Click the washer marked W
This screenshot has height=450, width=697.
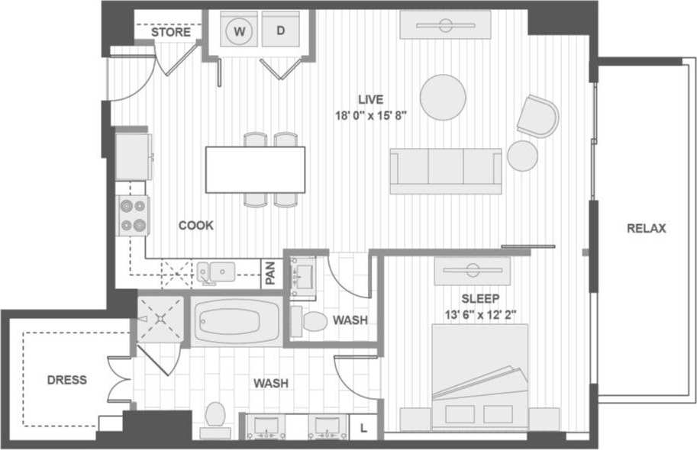click(240, 31)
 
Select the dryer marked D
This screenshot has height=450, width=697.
click(280, 31)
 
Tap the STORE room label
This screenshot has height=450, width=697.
click(170, 33)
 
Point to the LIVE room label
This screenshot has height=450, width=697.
click(371, 99)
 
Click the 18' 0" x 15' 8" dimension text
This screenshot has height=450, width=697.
click(371, 116)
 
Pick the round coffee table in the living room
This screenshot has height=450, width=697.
click(443, 97)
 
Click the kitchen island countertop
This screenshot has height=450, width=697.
click(255, 169)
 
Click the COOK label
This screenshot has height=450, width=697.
click(196, 226)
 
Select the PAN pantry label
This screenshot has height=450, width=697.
click(271, 274)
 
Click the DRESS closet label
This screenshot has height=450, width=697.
click(67, 380)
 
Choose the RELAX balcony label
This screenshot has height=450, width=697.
click(647, 228)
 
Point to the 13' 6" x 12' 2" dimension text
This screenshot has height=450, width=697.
click(479, 313)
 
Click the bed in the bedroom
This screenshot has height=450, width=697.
click(479, 374)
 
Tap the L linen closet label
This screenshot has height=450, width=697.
click(363, 429)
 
